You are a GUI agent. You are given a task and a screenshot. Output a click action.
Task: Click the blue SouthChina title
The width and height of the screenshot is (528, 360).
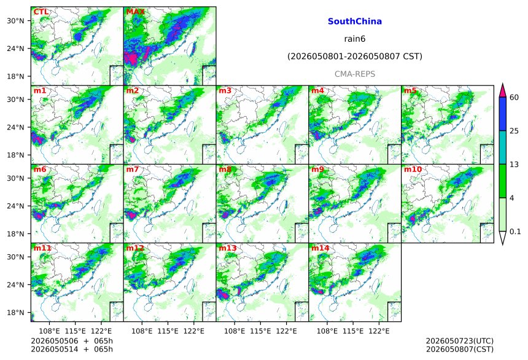point(355,22)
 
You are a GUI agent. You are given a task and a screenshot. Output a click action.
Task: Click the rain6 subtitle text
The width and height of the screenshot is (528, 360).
point(355,39)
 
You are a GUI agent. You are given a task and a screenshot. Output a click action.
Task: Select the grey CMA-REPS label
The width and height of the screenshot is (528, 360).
point(355,74)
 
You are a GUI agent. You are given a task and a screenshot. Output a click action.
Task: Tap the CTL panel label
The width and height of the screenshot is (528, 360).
point(41,12)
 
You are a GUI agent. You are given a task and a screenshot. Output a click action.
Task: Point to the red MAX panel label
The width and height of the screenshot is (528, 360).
point(135,12)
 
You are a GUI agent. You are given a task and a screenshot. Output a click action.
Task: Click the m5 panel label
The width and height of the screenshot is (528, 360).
point(410,91)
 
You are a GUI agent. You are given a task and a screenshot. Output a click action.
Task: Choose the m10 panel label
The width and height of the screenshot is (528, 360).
point(413,169)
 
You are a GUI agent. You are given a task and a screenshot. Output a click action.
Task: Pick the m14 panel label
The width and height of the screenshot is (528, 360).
point(320,248)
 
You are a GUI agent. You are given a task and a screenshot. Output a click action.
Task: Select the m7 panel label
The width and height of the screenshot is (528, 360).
point(133,169)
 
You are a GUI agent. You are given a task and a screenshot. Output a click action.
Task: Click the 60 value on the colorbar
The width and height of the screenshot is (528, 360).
point(514,98)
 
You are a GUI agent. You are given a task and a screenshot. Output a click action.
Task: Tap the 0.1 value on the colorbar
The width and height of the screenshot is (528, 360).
point(515,232)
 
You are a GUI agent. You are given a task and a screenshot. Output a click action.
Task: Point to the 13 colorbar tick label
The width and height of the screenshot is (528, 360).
point(514,165)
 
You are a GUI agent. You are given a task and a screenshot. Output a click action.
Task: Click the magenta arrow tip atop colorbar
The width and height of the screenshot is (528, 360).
point(503,84)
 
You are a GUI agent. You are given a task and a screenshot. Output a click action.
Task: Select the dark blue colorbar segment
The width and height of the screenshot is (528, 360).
point(503,114)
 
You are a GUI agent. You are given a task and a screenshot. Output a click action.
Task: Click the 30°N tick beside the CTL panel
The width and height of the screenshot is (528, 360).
point(15,21)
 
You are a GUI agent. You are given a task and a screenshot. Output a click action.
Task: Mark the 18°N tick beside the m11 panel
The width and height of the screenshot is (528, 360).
point(15,313)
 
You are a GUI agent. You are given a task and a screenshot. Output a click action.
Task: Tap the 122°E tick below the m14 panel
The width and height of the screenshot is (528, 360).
point(379,331)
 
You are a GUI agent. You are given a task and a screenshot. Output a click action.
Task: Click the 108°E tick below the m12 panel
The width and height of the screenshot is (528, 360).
point(142,331)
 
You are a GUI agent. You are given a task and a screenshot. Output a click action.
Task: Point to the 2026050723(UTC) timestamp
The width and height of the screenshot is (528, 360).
point(460,342)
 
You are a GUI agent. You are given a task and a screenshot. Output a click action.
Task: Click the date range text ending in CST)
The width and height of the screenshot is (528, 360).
point(355,57)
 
